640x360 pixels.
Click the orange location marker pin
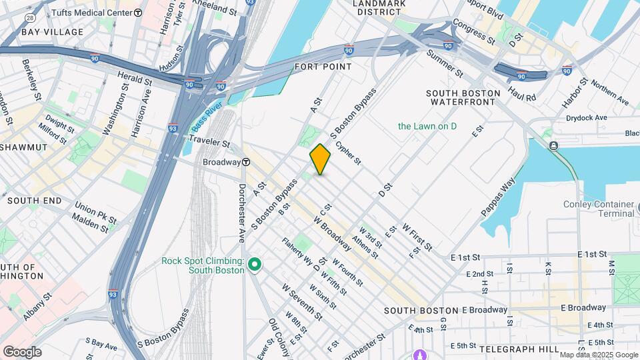(320, 159)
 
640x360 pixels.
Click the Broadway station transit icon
(246, 162)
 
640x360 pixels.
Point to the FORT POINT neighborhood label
(323, 67)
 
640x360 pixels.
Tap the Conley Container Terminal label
(598, 209)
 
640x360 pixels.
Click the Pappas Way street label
(498, 197)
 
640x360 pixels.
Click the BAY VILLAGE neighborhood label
(52, 32)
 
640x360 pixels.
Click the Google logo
(22, 351)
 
